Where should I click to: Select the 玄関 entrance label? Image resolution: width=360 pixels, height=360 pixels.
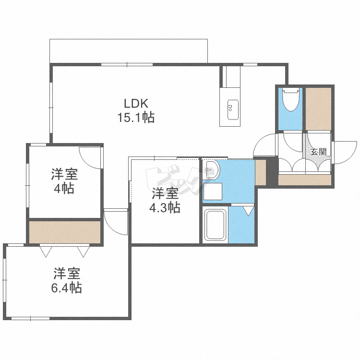(x=318, y=152)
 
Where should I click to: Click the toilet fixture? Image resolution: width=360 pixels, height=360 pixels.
(x=290, y=100)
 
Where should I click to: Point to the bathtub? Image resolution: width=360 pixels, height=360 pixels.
(x=215, y=225)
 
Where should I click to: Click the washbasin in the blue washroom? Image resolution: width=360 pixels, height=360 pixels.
(x=211, y=169)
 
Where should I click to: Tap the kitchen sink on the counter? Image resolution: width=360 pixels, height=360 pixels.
(x=232, y=108)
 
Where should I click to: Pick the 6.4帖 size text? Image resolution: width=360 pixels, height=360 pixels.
(x=67, y=288)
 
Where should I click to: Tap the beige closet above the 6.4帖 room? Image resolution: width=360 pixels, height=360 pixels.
(x=64, y=232)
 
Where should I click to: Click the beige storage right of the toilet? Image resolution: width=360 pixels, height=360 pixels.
(x=318, y=108)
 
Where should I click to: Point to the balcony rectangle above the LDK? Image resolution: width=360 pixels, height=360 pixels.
(x=129, y=51)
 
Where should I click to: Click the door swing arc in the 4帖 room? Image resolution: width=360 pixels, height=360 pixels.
(x=90, y=157)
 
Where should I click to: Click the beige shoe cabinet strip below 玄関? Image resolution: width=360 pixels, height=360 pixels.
(x=305, y=180)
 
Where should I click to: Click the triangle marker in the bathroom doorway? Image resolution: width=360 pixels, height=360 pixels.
(x=249, y=210)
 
